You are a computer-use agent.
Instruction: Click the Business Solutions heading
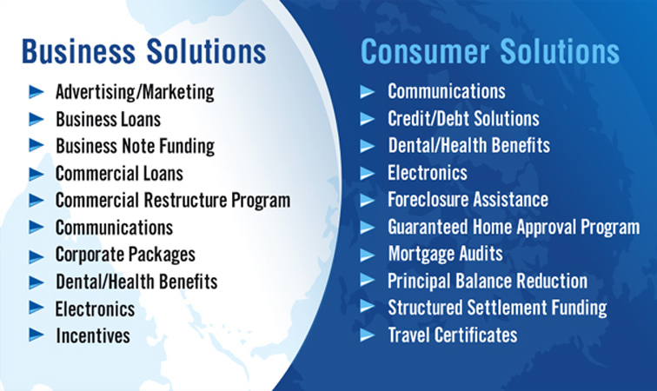[x=143, y=51]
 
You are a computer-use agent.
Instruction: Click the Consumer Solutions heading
[x=490, y=51]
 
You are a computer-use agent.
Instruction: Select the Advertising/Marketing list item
[x=135, y=93]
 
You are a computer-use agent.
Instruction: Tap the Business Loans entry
[x=108, y=119]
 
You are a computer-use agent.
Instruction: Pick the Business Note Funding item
[x=135, y=147]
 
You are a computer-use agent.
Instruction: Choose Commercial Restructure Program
[x=173, y=201]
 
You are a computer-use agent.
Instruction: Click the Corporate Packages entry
[x=125, y=255]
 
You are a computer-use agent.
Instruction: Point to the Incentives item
[x=93, y=335]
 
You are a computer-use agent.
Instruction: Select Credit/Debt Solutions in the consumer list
[x=463, y=118]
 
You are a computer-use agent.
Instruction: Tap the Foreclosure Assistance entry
[x=468, y=200]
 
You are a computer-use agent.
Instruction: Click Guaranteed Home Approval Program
[x=514, y=228]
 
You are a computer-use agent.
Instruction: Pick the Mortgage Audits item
[x=446, y=255]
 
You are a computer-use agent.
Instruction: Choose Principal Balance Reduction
[x=488, y=282]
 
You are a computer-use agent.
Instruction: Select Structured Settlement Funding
[x=497, y=308]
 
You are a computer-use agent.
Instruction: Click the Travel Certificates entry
[x=453, y=335]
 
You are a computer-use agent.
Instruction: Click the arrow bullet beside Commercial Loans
[x=36, y=174]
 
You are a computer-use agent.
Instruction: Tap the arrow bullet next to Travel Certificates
[x=367, y=335]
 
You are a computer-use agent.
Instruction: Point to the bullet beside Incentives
[x=36, y=335]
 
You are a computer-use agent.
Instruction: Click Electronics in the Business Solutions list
[x=95, y=308]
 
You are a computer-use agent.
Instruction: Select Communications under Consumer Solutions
[x=446, y=91]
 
